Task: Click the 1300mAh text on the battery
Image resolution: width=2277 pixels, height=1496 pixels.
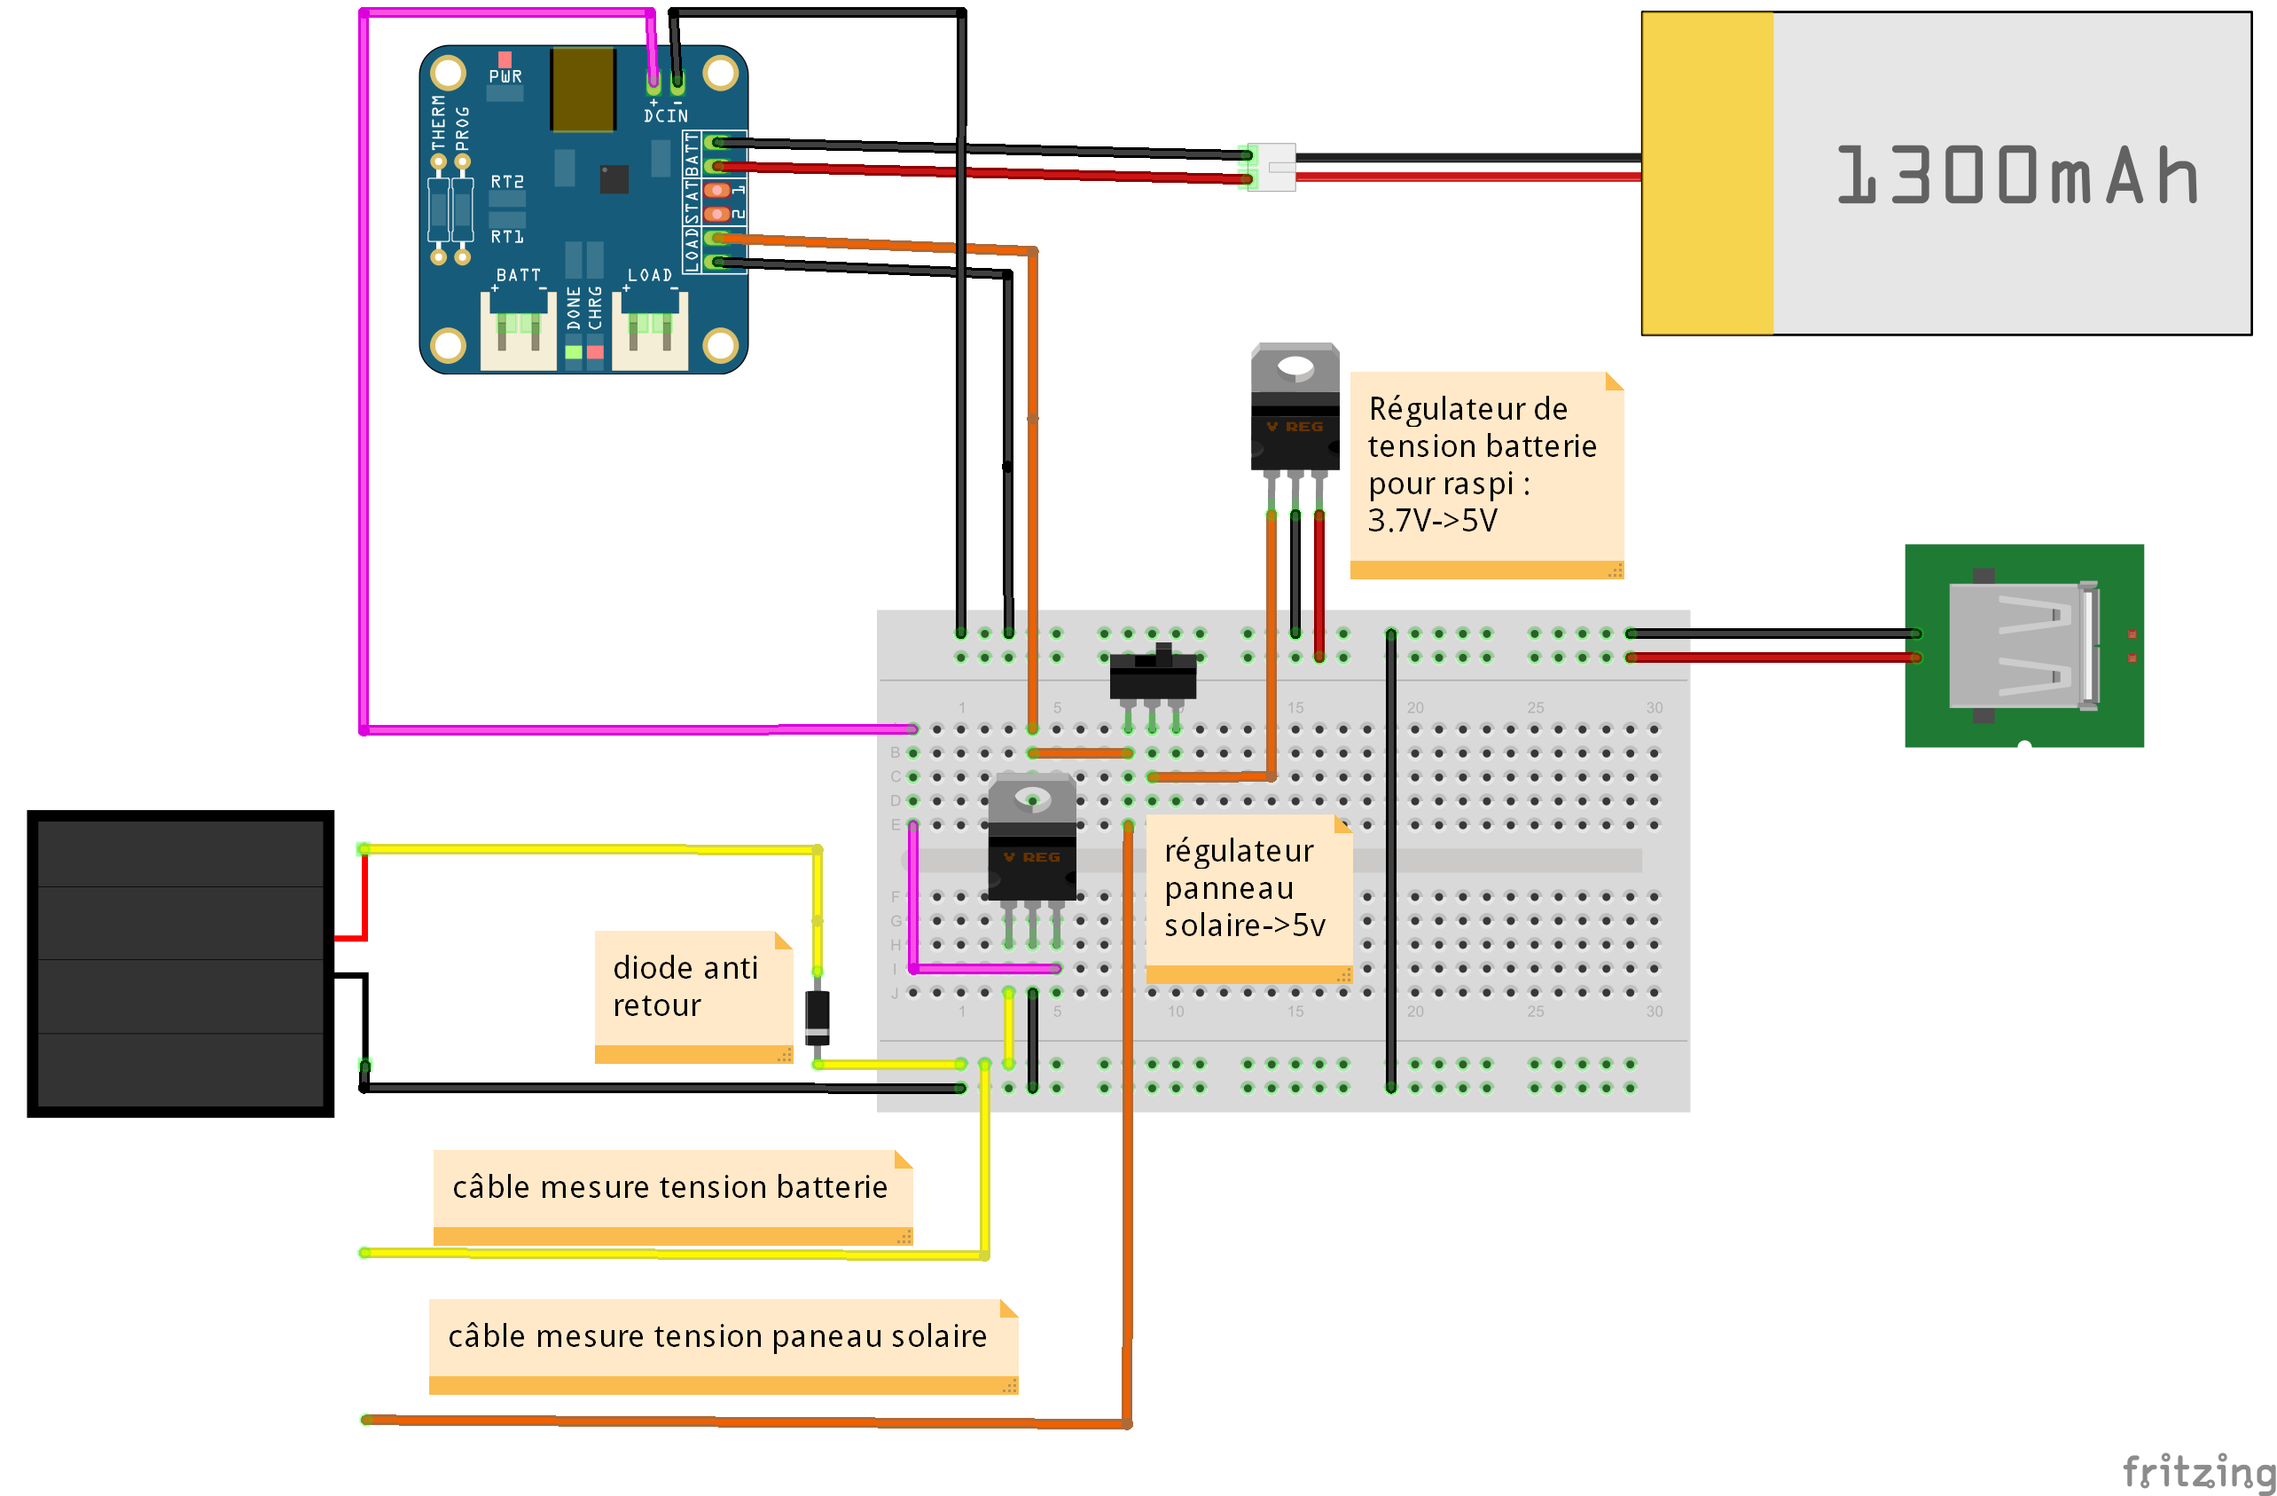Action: click(2017, 175)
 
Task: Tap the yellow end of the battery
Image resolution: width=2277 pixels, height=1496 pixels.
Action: click(1707, 173)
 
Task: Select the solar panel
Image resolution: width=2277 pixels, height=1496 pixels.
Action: click(181, 963)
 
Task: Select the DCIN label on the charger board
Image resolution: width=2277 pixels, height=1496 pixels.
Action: click(666, 116)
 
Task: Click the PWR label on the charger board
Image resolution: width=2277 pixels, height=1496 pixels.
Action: click(505, 76)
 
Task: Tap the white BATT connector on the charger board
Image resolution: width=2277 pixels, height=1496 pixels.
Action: click(518, 331)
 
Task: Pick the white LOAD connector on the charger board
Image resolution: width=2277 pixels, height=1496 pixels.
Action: click(650, 331)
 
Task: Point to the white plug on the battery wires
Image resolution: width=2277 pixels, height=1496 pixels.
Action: click(1272, 168)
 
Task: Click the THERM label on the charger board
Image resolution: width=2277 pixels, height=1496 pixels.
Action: click(438, 122)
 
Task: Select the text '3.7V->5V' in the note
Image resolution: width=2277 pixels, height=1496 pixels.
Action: click(1432, 521)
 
